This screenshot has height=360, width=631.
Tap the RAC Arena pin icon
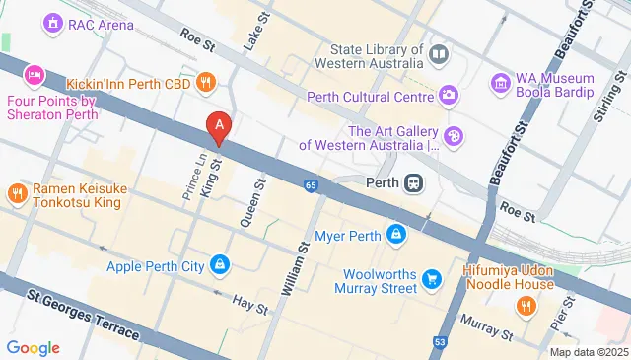pyautogui.click(x=51, y=22)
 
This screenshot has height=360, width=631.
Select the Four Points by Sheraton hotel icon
pyautogui.click(x=35, y=74)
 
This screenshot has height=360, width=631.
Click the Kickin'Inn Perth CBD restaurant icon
pyautogui.click(x=206, y=82)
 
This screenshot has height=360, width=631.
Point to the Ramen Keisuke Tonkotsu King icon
pyautogui.click(x=17, y=193)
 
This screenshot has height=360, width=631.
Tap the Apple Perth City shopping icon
pyautogui.click(x=219, y=264)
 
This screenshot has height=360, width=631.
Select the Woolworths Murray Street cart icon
pyautogui.click(x=431, y=281)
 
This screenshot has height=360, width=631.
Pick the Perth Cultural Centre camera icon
pyautogui.click(x=449, y=96)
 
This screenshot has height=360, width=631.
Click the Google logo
pyautogui.click(x=34, y=347)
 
